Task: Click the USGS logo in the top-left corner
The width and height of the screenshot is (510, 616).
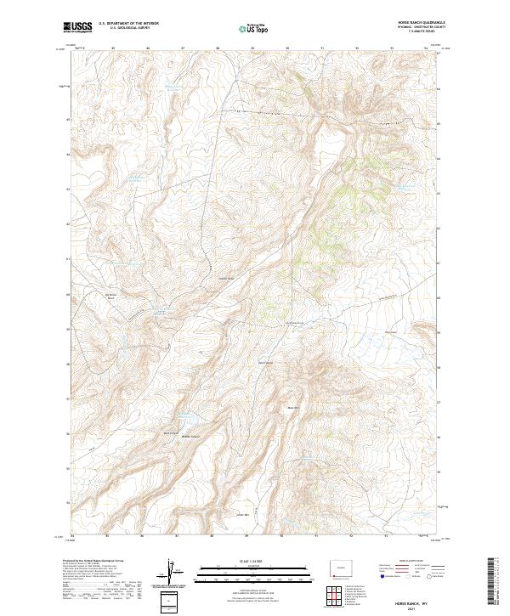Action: pos(78,28)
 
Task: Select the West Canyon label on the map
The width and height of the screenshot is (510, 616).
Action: pos(170,433)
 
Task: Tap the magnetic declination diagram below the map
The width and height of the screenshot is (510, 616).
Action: pos(174,573)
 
